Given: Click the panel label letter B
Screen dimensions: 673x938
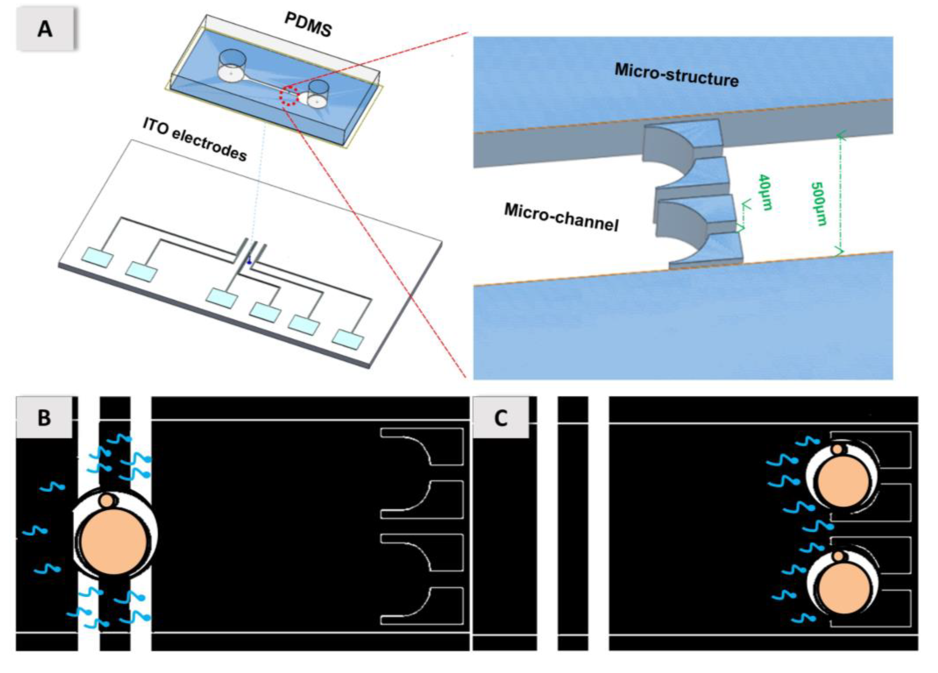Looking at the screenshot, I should (44, 418).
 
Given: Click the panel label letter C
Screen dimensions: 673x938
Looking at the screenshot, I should (501, 418).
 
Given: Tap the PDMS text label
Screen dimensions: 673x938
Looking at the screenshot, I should (308, 25).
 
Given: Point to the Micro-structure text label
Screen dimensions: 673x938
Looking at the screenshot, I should (676, 74).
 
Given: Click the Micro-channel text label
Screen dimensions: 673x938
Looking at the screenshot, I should (561, 217).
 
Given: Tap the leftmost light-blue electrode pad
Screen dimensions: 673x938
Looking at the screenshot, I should (97, 257).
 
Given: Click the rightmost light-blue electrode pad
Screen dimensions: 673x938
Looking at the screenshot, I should (348, 339).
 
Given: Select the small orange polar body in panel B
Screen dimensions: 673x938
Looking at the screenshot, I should (107, 501).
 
